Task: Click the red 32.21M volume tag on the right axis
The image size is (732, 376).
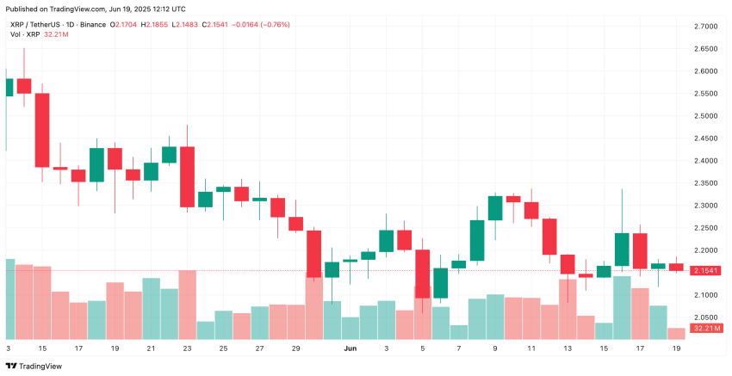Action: point(707,329)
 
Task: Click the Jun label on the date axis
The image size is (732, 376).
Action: point(350,348)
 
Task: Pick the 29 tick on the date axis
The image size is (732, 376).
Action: point(295,348)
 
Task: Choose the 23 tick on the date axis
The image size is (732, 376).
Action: point(187,348)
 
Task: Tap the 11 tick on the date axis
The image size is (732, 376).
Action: point(531,348)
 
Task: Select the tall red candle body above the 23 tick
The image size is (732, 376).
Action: point(187,176)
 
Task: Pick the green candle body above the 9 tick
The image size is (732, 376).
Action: point(495,207)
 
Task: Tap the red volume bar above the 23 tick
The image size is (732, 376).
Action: point(187,305)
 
